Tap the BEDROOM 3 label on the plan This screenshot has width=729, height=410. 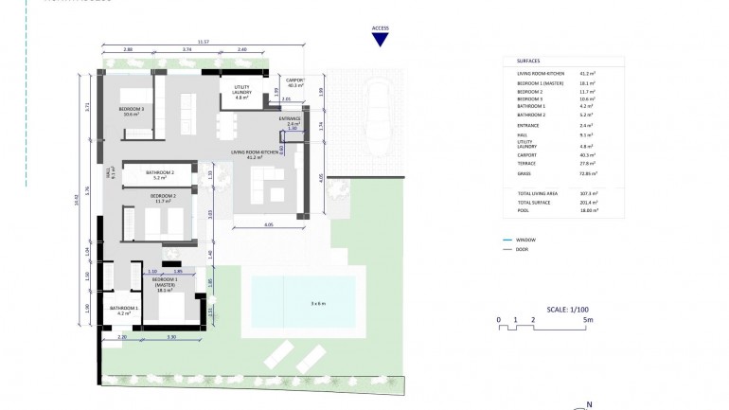click(132, 110)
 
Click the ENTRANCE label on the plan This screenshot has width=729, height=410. click(290, 120)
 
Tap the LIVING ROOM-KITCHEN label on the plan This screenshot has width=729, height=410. click(255, 153)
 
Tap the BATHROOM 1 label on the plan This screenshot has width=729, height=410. click(123, 310)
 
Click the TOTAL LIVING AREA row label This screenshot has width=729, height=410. click(536, 192)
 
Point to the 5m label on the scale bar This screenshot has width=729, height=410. click(587, 320)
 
